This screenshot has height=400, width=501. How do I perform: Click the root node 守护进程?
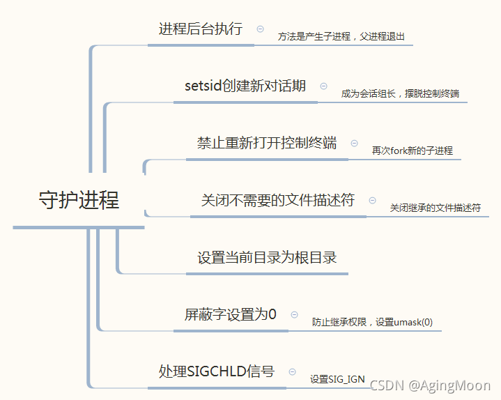click(79, 200)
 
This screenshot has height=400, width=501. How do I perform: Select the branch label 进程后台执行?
click(201, 29)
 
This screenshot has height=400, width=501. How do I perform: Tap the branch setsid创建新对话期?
click(245, 86)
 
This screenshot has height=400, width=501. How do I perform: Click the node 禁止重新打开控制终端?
click(267, 143)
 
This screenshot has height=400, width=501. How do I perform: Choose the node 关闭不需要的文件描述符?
click(277, 200)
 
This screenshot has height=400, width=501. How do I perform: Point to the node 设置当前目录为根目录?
click(267, 257)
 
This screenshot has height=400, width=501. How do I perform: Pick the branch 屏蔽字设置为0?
click(231, 314)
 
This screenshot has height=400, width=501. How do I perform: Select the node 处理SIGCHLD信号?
click(217, 371)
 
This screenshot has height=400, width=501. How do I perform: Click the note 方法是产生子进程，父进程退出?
click(341, 36)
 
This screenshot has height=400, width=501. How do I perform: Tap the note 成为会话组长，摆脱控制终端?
click(400, 93)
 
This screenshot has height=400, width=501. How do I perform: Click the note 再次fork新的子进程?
click(412, 151)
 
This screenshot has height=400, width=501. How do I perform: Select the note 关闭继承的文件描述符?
click(435, 208)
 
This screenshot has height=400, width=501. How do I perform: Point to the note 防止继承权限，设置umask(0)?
click(372, 322)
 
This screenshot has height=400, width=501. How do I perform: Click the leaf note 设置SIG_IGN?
click(338, 379)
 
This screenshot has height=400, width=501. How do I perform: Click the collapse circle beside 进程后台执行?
click(261, 29)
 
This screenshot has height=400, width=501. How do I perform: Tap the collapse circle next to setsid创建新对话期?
click(323, 86)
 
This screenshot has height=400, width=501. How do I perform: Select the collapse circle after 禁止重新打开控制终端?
click(354, 143)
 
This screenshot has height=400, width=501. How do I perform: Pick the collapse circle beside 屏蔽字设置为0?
click(294, 315)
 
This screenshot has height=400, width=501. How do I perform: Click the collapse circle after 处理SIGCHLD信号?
click(292, 372)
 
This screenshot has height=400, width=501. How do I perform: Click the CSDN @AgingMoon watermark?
click(430, 385)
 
